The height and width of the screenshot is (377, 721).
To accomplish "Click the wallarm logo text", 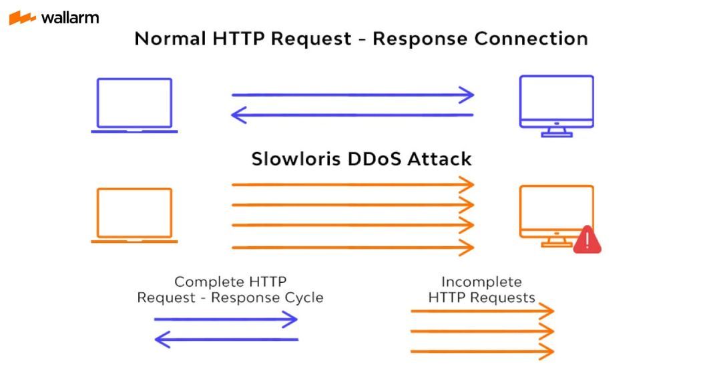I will pyautogui.click(x=69, y=17).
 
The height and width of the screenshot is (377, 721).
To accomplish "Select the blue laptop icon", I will pyautogui.click(x=134, y=105).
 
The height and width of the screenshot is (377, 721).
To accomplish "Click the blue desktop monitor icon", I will pyautogui.click(x=556, y=105).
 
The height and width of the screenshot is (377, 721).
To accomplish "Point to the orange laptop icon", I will pyautogui.click(x=134, y=215).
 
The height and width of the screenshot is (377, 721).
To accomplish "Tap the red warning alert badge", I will pyautogui.click(x=587, y=240).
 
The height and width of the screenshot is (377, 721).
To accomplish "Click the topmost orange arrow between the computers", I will pyautogui.click(x=352, y=184).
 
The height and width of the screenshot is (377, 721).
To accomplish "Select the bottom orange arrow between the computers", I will pyautogui.click(x=352, y=248).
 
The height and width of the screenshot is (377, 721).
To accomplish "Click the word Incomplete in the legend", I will pyautogui.click(x=481, y=282).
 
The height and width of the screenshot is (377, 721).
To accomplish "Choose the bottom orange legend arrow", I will pyautogui.click(x=482, y=351).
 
